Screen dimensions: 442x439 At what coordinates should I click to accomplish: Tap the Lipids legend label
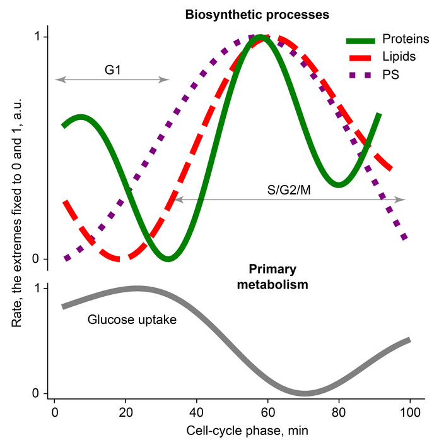399,57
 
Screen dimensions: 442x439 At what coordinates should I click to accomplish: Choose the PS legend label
391,75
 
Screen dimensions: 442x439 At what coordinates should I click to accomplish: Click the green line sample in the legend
361,40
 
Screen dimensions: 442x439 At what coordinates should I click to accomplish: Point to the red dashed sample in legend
361,57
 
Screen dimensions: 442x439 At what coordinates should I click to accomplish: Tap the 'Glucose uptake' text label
132,320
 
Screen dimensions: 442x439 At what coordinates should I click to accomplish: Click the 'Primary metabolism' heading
272,277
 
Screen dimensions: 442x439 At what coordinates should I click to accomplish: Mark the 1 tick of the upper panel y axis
37,37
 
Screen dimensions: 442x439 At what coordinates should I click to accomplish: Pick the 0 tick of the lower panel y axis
37,393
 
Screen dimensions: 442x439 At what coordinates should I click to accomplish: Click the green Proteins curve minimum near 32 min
168,258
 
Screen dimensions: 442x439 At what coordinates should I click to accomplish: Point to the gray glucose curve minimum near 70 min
304,391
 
